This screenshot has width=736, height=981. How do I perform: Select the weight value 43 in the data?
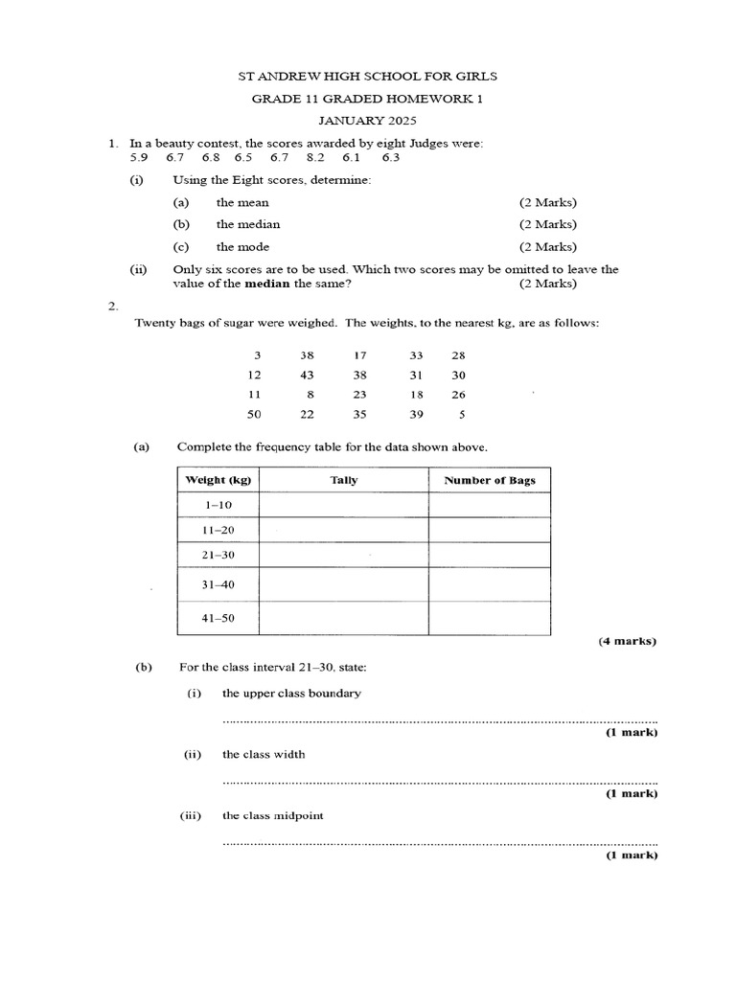pyautogui.click(x=307, y=374)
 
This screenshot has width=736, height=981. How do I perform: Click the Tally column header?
pyautogui.click(x=343, y=480)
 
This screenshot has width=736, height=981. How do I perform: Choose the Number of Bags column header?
pyautogui.click(x=489, y=480)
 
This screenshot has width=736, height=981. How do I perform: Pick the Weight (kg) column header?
pyautogui.click(x=218, y=480)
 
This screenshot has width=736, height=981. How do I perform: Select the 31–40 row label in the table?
pyautogui.click(x=218, y=585)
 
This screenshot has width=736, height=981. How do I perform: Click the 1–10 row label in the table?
pyautogui.click(x=218, y=505)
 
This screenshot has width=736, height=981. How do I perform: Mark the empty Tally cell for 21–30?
pyautogui.click(x=343, y=556)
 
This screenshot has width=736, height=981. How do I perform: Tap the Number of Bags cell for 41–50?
pyautogui.click(x=489, y=618)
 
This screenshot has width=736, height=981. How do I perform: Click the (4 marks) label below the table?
pyautogui.click(x=628, y=641)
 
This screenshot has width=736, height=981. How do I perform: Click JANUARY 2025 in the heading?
pyautogui.click(x=368, y=121)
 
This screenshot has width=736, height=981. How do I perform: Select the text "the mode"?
pyautogui.click(x=241, y=246)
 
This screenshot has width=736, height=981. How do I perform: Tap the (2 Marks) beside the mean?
pyautogui.click(x=548, y=203)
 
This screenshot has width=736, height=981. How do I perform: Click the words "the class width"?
pyautogui.click(x=264, y=754)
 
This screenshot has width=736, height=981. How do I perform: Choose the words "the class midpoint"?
pyautogui.click(x=272, y=815)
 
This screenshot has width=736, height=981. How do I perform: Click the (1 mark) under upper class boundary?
pyautogui.click(x=631, y=733)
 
